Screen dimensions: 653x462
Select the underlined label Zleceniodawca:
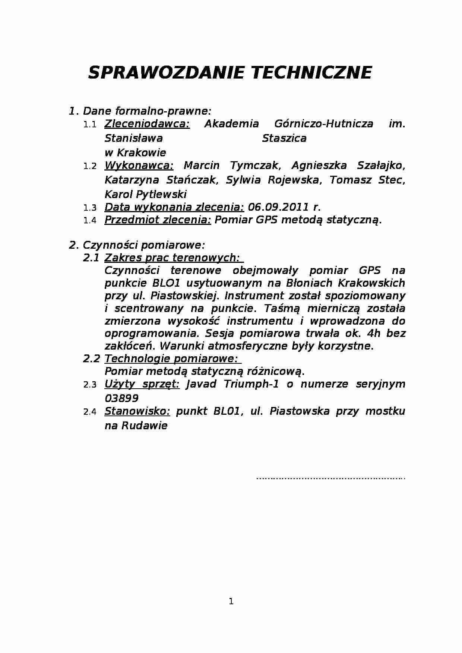(147, 124)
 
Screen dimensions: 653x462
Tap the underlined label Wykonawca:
(139, 165)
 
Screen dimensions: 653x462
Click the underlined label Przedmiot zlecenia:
(158, 220)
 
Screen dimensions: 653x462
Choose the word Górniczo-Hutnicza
(323, 124)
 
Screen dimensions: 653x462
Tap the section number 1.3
(90, 208)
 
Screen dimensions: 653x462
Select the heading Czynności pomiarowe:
(143, 245)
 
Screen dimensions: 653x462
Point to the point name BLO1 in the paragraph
(166, 283)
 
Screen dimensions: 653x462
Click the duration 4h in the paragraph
(373, 333)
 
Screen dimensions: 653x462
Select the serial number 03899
(121, 398)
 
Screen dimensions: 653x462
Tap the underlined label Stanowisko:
(137, 411)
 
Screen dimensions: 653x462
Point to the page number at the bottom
(231, 601)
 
